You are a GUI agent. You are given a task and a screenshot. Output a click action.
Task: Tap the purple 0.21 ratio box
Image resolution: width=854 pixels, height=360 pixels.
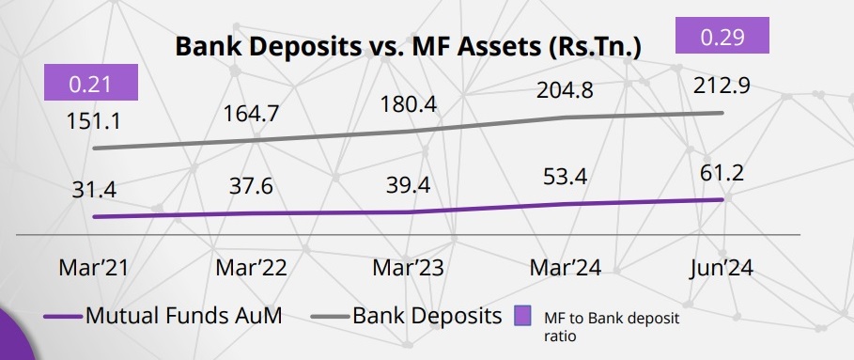pyautogui.click(x=91, y=83)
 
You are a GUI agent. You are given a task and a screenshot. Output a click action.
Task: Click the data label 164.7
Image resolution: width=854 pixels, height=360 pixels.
pyautogui.click(x=251, y=115)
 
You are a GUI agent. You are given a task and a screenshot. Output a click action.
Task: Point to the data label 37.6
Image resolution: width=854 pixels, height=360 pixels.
pyautogui.click(x=251, y=186)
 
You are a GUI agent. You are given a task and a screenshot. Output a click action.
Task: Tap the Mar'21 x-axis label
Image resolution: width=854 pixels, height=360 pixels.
pyautogui.click(x=92, y=267)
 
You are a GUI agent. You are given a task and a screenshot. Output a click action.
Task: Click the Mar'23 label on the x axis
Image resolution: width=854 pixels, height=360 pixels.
pyautogui.click(x=407, y=267)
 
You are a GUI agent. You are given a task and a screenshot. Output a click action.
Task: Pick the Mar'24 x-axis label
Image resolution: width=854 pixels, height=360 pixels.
pyautogui.click(x=565, y=267)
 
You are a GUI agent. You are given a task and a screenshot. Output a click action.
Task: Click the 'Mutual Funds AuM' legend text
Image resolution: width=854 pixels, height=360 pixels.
pyautogui.click(x=183, y=316)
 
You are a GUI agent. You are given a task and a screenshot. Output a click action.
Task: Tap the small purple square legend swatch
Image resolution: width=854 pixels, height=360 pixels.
pyautogui.click(x=523, y=317)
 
